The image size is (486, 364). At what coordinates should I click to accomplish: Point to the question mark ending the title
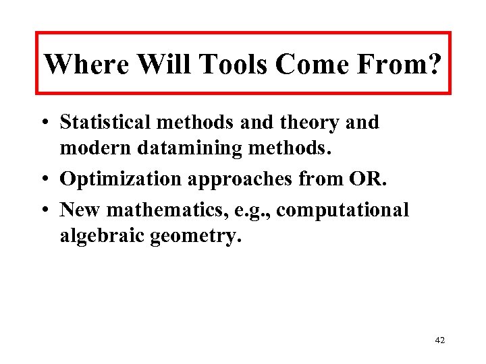click(435, 65)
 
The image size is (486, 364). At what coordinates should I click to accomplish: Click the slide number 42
click(440, 340)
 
